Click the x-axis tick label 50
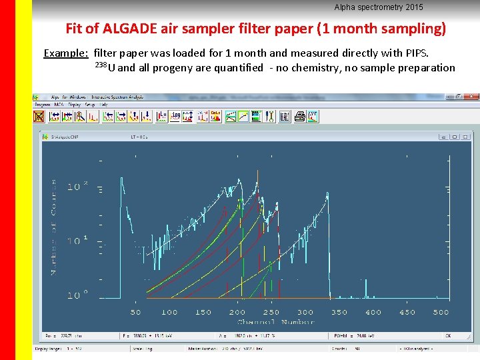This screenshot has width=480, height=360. (135, 312)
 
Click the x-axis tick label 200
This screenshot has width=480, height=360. (237, 312)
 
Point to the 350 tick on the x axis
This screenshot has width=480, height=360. (339, 312)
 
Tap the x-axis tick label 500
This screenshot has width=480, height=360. (441, 312)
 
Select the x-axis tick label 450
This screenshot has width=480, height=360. (407, 312)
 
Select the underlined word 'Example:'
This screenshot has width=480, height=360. (66, 53)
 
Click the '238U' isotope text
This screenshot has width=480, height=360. (105, 67)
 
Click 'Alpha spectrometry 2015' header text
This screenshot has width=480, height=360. (379, 7)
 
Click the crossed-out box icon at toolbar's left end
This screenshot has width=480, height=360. (39, 117)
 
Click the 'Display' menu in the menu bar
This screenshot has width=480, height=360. (74, 105)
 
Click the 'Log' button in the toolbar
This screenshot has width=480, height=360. (175, 116)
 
